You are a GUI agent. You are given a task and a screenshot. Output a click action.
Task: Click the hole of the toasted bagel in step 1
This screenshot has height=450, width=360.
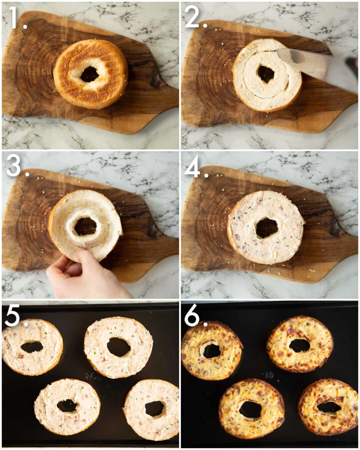[x=89, y=74]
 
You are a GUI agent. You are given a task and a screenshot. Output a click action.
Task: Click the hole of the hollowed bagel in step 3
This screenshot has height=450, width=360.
[x=85, y=226]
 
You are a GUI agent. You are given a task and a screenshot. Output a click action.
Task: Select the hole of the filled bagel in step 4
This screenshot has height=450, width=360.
[x=267, y=228]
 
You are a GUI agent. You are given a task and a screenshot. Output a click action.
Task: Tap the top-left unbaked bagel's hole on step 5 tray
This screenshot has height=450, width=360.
[x=32, y=347]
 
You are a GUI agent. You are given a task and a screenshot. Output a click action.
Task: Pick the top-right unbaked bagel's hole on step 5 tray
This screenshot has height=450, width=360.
[x=118, y=347]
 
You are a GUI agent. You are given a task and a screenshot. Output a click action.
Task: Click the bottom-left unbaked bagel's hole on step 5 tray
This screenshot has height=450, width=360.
[x=67, y=406]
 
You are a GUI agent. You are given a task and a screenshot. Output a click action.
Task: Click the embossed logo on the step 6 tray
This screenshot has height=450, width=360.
[x=269, y=376]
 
